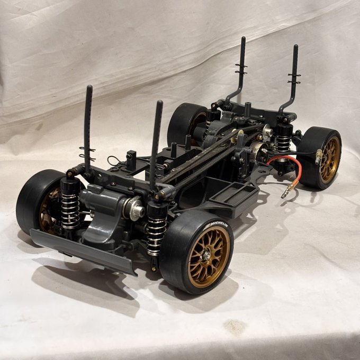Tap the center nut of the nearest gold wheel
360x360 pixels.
click(x=206, y=256)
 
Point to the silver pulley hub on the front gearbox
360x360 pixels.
click(x=135, y=209)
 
